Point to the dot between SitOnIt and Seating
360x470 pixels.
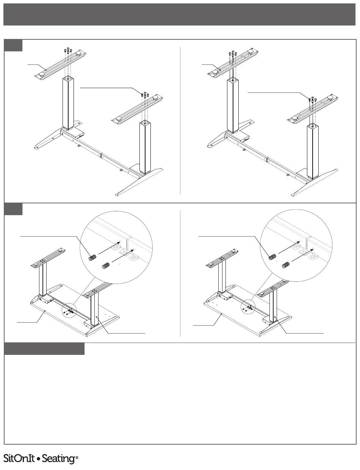[x=38, y=459]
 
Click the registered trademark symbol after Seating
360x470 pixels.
[x=77, y=458]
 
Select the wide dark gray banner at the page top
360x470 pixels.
[x=180, y=14]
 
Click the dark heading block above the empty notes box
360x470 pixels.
[x=44, y=349]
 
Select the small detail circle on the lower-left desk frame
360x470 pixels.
[x=68, y=311]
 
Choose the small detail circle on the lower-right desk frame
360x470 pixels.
[x=248, y=307]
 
